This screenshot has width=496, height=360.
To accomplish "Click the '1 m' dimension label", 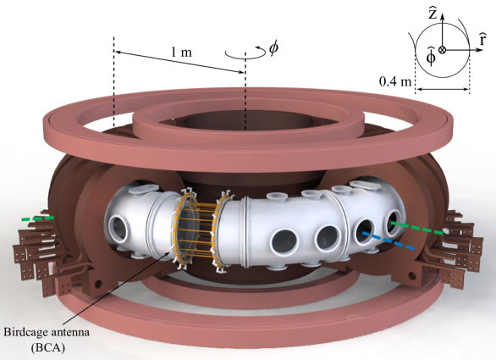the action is pyautogui.click(x=181, y=52).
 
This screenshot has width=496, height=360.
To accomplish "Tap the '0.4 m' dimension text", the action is pyautogui.click(x=395, y=81).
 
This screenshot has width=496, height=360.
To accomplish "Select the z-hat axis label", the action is pyautogui.click(x=433, y=14).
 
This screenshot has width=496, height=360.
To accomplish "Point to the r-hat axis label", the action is pyautogui.click(x=482, y=39).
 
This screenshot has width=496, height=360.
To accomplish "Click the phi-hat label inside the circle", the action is pyautogui.click(x=431, y=56).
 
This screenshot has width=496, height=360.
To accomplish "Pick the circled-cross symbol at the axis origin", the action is pyautogui.click(x=442, y=50).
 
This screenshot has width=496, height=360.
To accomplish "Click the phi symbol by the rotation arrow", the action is pyautogui.click(x=273, y=47).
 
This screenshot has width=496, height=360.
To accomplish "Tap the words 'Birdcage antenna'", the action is pyautogui.click(x=47, y=332).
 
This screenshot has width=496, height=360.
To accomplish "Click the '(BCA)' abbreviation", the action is pyautogui.click(x=47, y=347).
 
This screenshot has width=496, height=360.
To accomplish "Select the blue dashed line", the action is pyautogui.click(x=389, y=241).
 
